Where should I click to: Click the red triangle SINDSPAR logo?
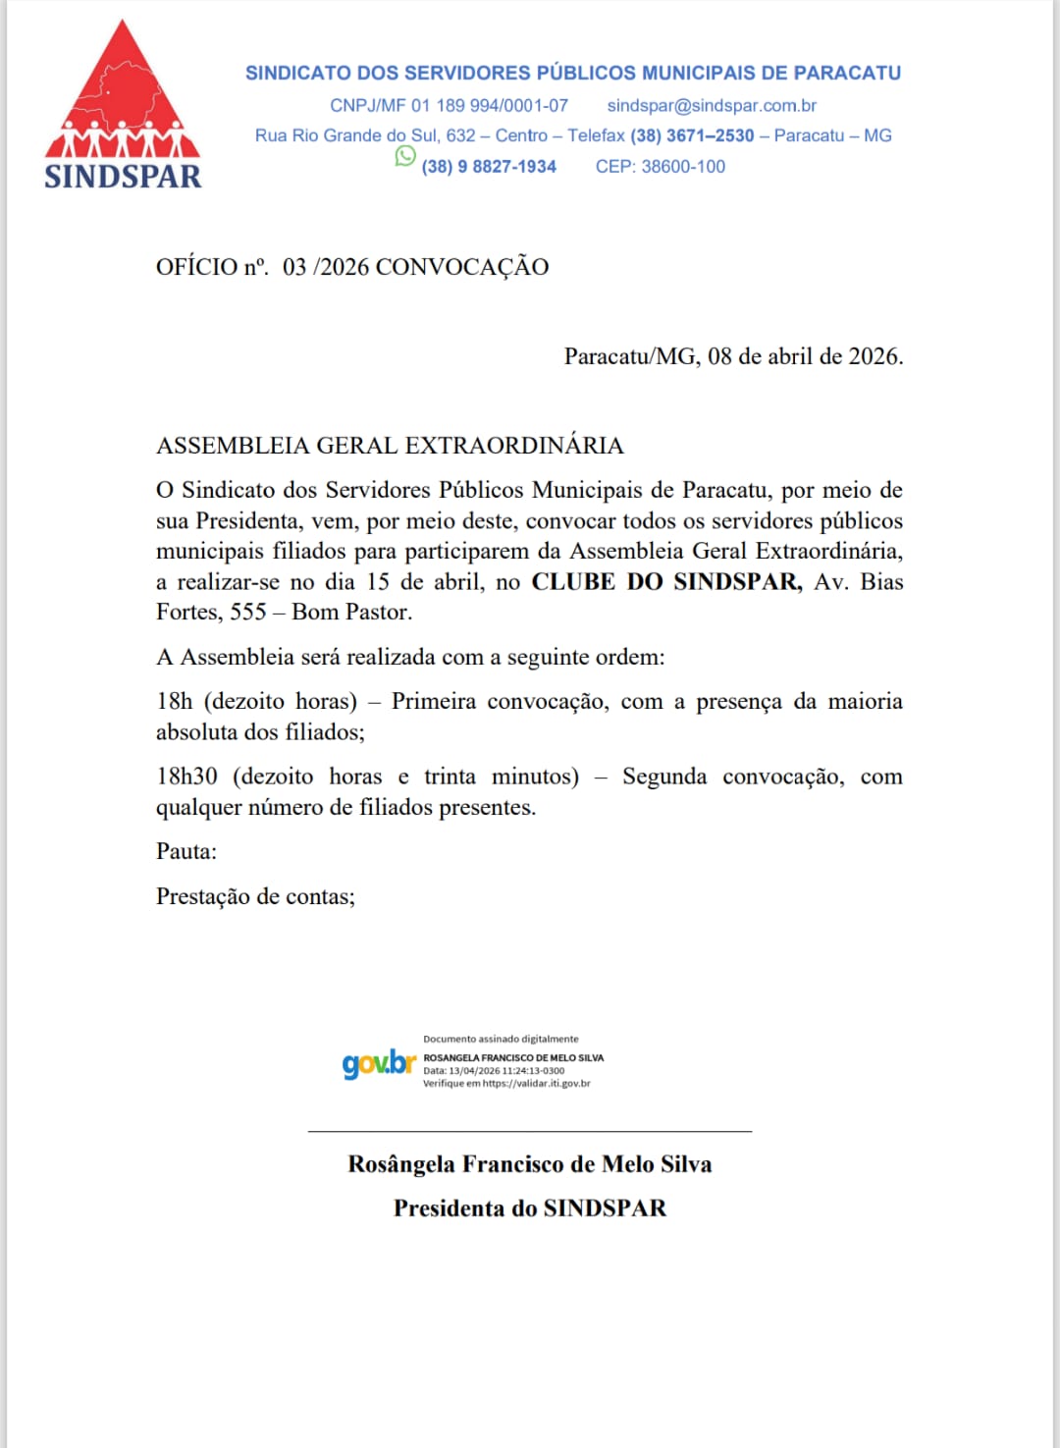123,93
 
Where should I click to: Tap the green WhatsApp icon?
405,156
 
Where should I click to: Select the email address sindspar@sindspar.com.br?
712,105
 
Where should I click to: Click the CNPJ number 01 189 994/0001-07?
490,105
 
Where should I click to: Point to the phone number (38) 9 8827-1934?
489,167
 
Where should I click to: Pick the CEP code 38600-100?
683,167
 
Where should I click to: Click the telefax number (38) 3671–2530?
692,135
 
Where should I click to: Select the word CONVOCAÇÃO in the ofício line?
461,267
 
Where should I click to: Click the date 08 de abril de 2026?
805,356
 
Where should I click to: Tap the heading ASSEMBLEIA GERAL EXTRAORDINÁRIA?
390,446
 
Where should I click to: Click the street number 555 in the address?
248,613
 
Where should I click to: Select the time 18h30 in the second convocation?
186,777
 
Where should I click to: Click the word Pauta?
186,851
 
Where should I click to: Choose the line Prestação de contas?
255,896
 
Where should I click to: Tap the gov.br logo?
379,1063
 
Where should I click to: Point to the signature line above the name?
530,1132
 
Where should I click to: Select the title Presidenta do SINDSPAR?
530,1208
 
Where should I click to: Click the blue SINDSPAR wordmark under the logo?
123,177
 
